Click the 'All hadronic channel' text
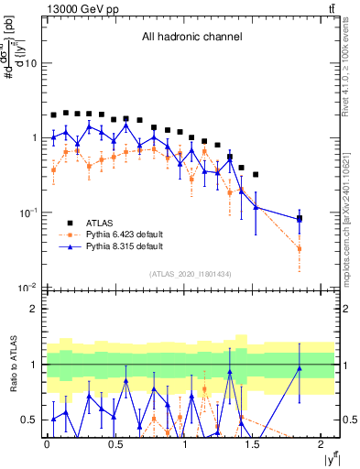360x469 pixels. point(191,38)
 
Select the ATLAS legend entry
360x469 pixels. point(101,223)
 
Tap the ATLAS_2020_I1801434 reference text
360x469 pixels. point(191,274)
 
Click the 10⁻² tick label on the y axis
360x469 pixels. point(27,288)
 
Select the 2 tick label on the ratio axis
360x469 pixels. point(34,309)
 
